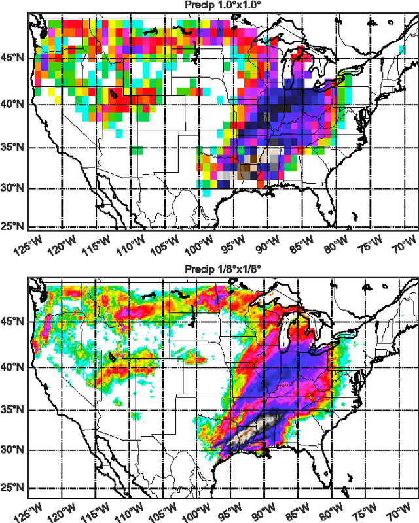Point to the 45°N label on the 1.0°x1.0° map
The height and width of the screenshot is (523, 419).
point(12,58)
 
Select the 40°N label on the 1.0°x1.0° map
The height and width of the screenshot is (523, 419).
point(12,104)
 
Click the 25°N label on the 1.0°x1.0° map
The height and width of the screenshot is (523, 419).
point(12,226)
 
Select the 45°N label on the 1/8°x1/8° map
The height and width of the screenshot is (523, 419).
point(12,322)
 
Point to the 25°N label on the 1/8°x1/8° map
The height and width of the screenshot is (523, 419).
point(12,488)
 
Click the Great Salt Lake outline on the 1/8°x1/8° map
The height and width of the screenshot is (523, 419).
point(113,357)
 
